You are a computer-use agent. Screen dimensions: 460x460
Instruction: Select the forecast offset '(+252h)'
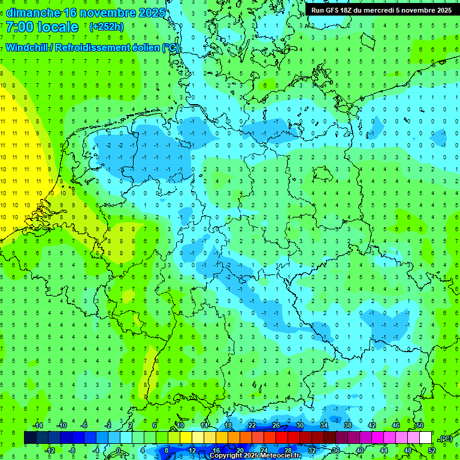(106, 27)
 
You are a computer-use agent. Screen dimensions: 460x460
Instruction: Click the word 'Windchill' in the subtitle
(28, 47)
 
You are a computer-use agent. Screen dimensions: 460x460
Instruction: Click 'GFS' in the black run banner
(336, 10)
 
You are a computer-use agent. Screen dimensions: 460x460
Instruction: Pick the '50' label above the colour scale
(420, 425)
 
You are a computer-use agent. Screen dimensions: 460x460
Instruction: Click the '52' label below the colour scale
(432, 450)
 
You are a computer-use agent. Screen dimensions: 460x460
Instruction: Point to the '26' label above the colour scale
(276, 425)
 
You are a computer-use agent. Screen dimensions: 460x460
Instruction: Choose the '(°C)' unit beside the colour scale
(445, 438)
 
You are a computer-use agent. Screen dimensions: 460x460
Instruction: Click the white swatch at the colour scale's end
(426, 438)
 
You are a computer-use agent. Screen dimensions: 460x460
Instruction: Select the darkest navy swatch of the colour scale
(30, 438)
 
